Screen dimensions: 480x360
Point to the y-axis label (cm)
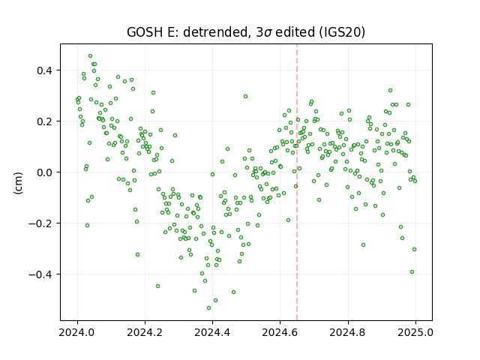(18, 183)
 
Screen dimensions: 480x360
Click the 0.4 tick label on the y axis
(45, 70)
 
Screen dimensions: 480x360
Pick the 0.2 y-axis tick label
(45, 121)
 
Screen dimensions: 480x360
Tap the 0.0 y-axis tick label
(45, 172)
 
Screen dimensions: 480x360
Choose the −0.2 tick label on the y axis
(41, 223)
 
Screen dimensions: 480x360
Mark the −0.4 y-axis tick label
(41, 274)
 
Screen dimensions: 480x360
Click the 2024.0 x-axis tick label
(77, 332)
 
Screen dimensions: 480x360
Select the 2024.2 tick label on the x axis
(145, 332)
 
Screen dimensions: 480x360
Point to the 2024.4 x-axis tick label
(212, 332)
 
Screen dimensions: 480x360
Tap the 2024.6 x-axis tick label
(280, 332)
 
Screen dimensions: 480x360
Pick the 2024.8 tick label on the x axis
(348, 332)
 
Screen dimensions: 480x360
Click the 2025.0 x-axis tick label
(415, 332)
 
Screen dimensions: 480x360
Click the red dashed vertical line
(297, 182)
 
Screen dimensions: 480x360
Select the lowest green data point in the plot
(208, 307)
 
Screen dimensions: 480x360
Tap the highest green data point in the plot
(90, 56)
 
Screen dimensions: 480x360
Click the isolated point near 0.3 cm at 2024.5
(245, 97)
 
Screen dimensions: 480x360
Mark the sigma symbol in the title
(268, 33)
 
